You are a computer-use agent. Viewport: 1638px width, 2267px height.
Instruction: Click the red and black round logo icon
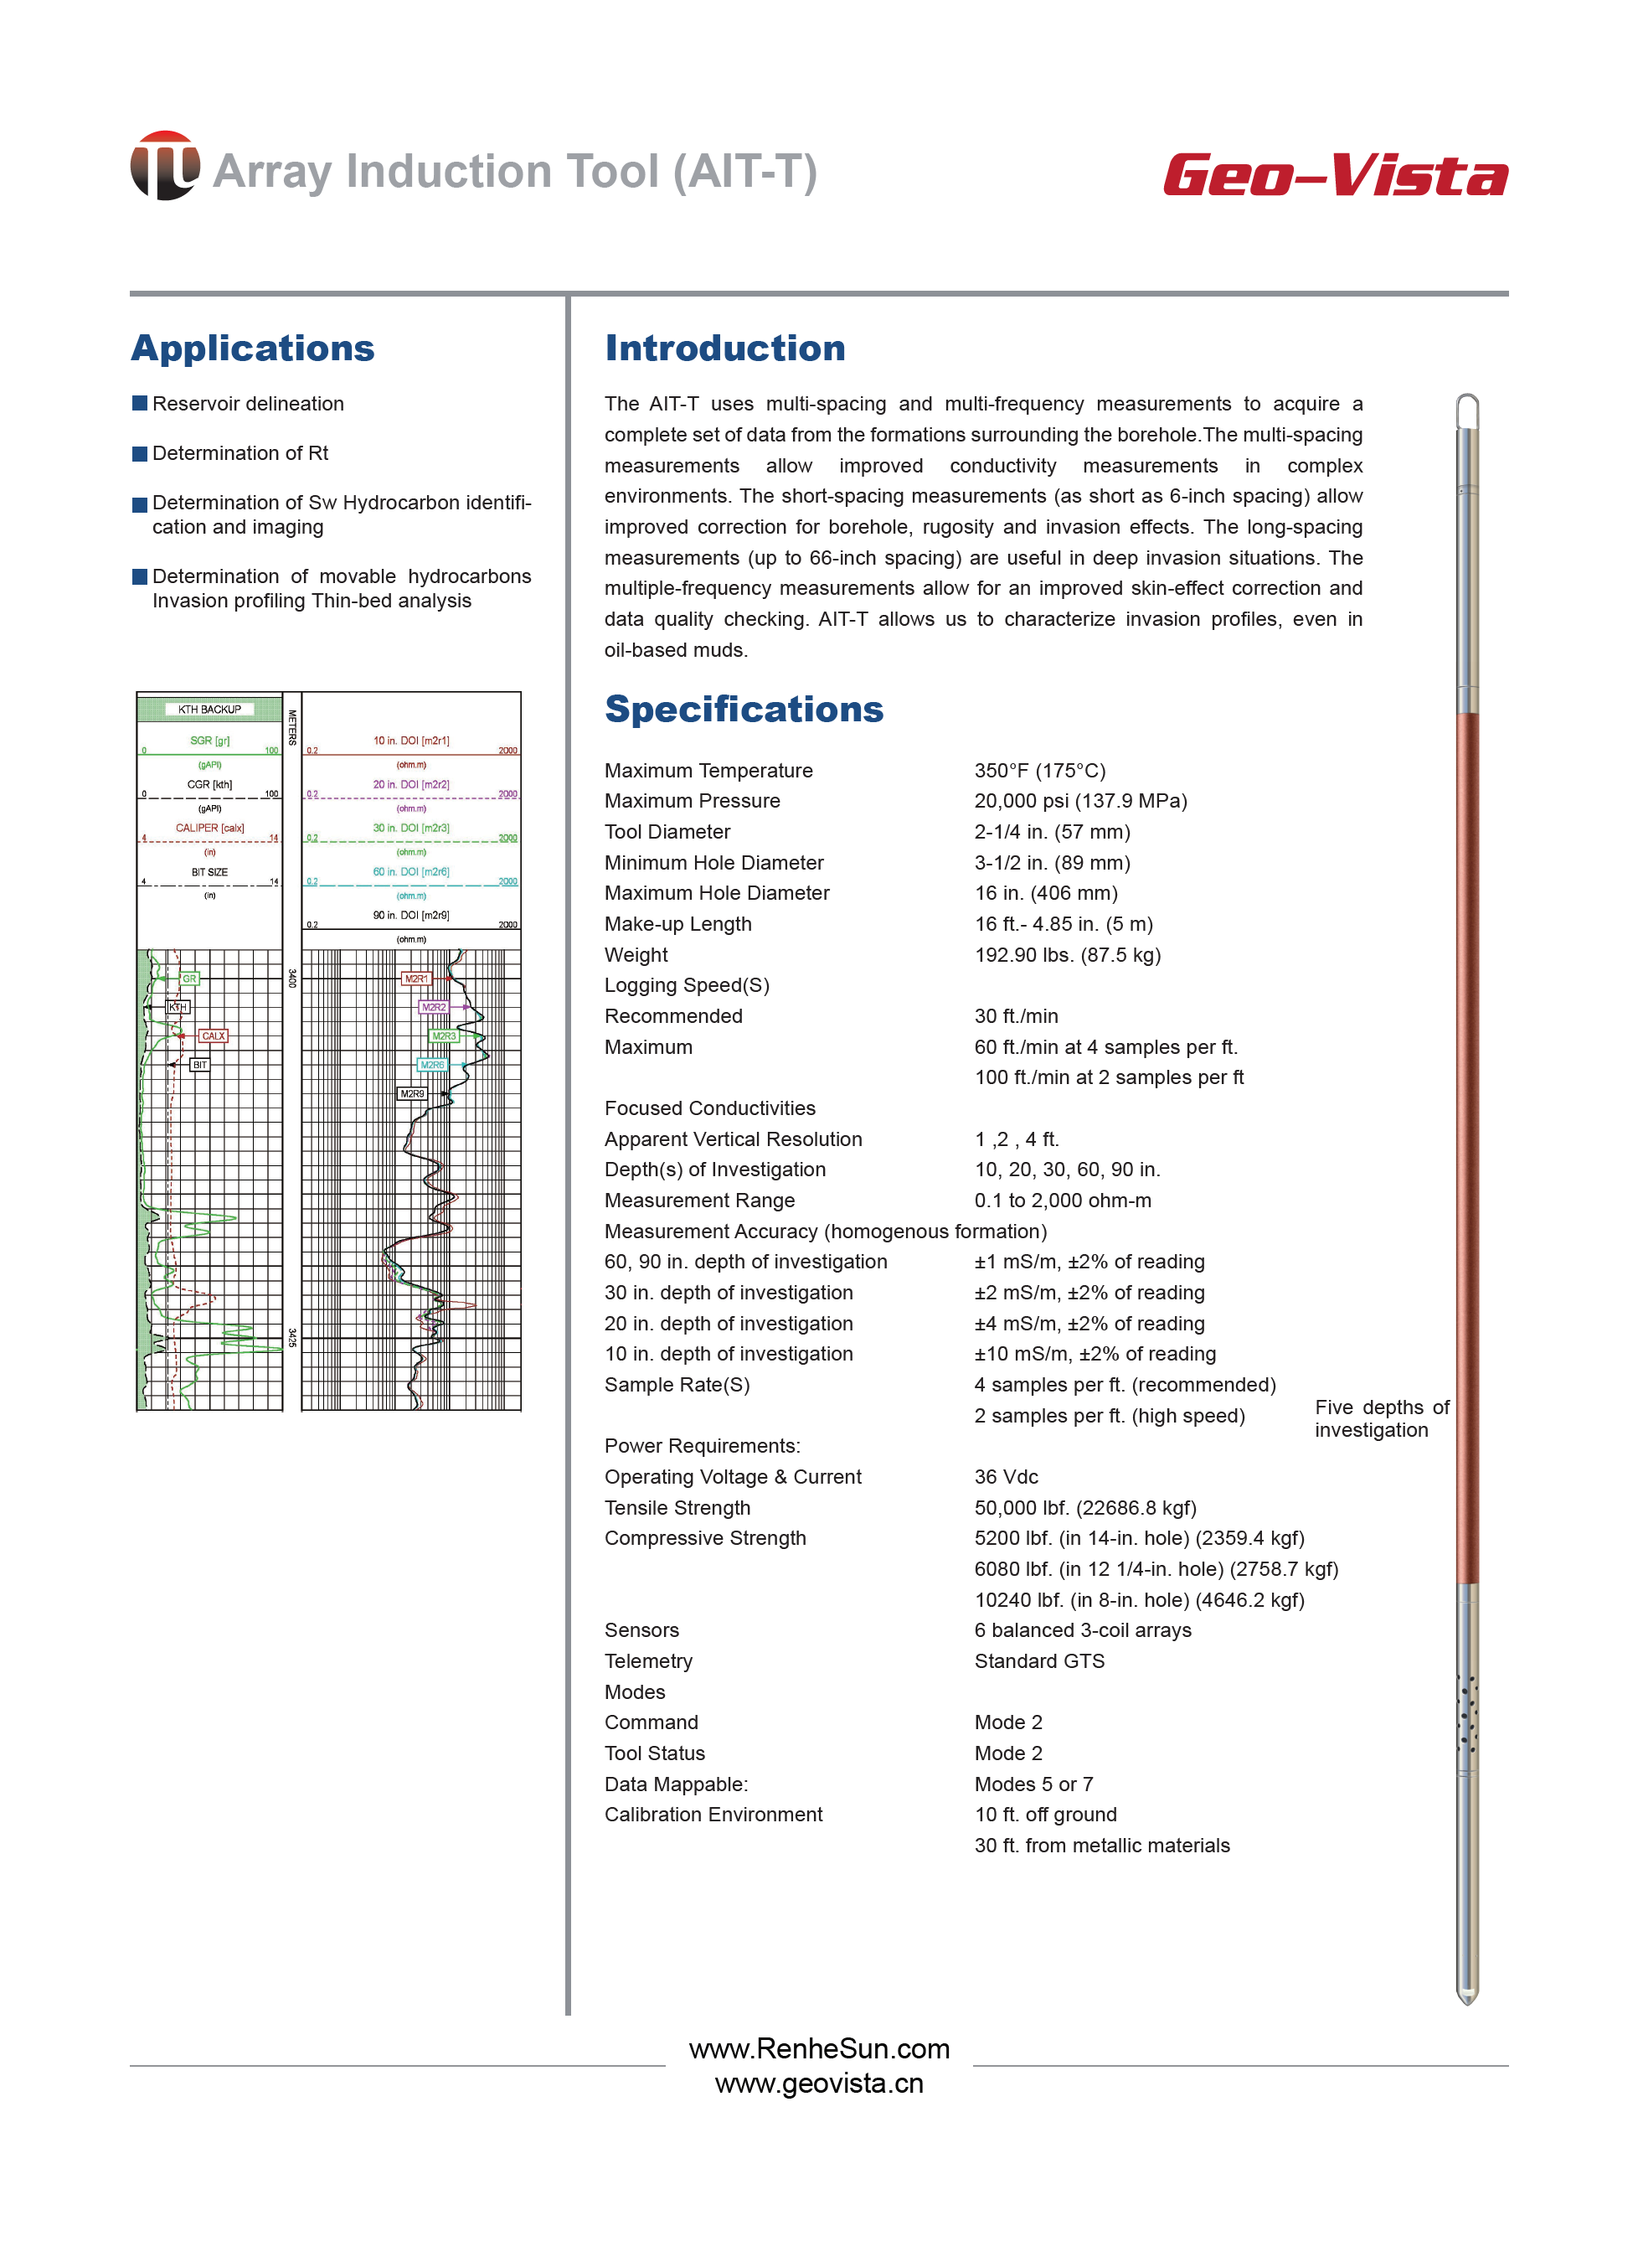[x=164, y=166]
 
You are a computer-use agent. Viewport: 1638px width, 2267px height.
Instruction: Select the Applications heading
[x=252, y=348]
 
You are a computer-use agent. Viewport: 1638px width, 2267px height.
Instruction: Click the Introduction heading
[x=724, y=348]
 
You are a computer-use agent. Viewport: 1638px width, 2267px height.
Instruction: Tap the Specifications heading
[x=744, y=709]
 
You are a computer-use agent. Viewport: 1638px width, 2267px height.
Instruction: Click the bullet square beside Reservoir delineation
[x=140, y=404]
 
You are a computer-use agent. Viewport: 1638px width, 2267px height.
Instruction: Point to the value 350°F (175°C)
[x=1039, y=771]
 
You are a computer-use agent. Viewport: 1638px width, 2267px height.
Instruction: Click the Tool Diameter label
[x=667, y=832]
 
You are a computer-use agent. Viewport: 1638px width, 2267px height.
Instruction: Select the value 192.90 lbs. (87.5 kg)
[x=1066, y=954]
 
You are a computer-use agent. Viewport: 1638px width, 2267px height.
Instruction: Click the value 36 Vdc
[x=1006, y=1476]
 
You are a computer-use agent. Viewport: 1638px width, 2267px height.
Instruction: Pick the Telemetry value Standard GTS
[x=1038, y=1661]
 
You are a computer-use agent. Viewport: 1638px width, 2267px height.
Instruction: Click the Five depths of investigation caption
[x=1380, y=1418]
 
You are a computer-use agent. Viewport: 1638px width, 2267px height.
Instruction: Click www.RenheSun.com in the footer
[x=818, y=2049]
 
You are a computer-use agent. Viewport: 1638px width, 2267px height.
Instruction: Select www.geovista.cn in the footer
[x=818, y=2084]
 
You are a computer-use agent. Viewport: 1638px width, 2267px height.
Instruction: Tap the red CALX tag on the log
[x=213, y=1036]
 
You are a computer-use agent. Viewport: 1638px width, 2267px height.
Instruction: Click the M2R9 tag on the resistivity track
[x=412, y=1094]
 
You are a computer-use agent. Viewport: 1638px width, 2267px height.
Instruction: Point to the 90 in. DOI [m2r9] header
[x=410, y=916]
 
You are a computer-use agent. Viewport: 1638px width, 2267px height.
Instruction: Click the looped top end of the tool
[x=1466, y=409]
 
